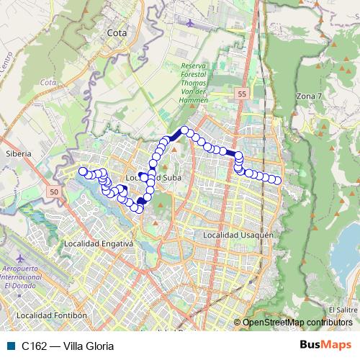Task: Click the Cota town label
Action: pos(116,32)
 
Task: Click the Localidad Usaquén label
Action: pos(238,235)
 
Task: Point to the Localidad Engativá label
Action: pos(99,244)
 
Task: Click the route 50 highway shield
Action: pos(55,192)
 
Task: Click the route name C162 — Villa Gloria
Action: pos(68,346)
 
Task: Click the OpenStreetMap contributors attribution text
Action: pos(297,323)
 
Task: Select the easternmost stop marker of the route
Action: pos(277,180)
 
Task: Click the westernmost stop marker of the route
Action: pos(83,171)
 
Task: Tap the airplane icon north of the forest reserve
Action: pos(189,22)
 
